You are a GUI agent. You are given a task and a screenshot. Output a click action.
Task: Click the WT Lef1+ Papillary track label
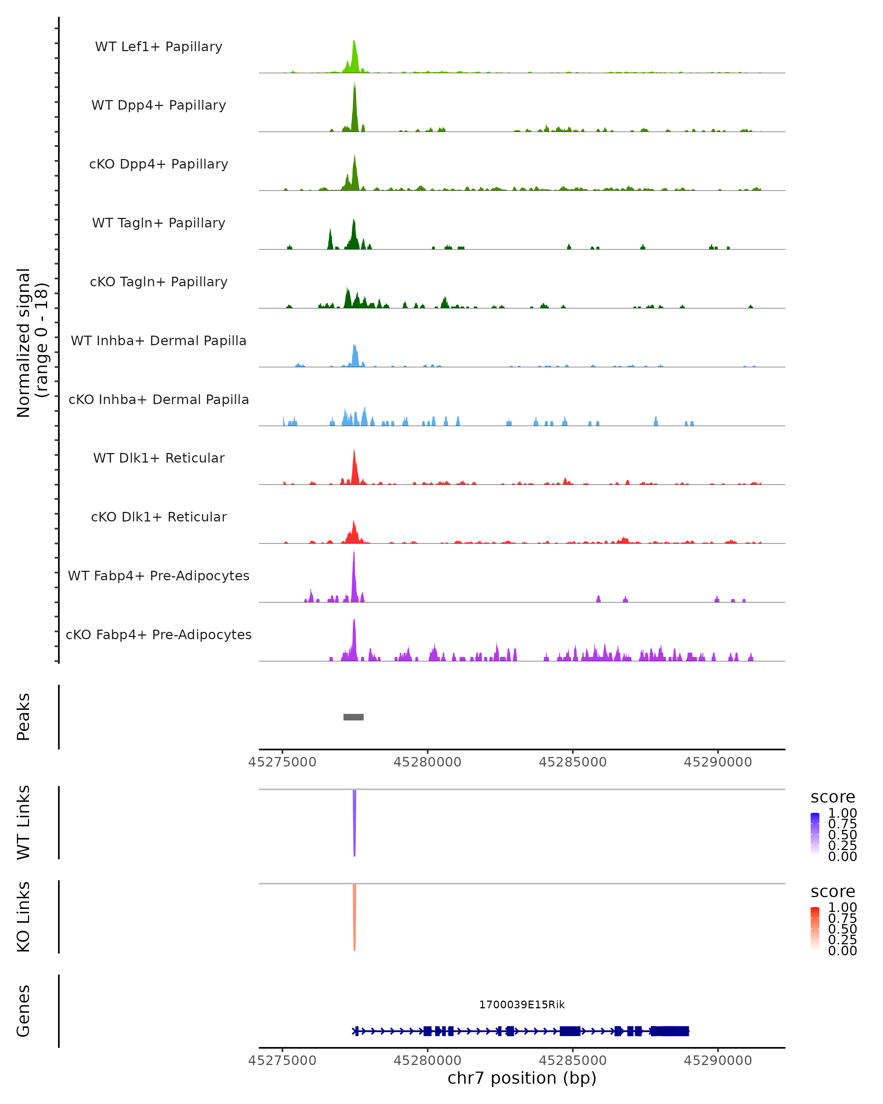point(159,47)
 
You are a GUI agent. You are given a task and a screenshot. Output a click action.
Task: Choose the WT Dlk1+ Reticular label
point(159,458)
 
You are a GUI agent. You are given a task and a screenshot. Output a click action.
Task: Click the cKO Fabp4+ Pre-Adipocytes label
point(159,634)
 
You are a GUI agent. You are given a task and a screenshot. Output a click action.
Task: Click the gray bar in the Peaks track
point(353,717)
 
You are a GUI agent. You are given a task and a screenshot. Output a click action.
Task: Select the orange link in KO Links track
point(354,917)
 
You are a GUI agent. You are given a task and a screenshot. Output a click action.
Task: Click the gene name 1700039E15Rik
point(522,1005)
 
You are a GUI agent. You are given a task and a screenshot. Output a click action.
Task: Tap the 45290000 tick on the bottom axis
point(718,1061)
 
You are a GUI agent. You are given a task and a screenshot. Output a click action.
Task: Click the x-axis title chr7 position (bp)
point(522,1078)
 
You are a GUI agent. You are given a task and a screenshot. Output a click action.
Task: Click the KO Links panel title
point(24,917)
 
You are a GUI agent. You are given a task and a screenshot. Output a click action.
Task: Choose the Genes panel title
point(24,1011)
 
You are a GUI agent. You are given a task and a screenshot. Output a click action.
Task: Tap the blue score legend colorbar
point(815,834)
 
